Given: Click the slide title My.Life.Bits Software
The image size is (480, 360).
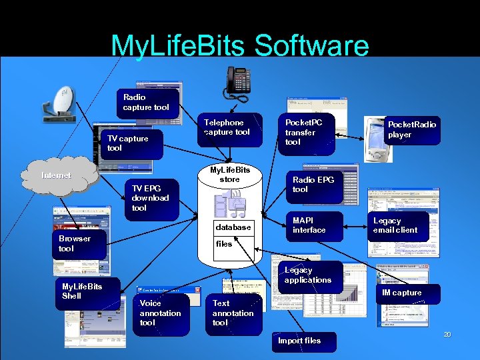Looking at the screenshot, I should coord(240,45).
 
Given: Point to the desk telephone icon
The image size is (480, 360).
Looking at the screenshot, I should coord(238,81).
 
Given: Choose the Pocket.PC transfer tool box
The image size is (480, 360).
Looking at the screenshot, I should coord(306,133).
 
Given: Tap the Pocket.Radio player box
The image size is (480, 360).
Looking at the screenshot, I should coord(412,129).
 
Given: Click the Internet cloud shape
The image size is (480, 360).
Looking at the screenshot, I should coord(59,175).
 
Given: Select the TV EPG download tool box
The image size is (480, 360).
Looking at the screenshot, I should coord(153,198).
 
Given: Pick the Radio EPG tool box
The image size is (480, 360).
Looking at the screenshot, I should coord(315,185).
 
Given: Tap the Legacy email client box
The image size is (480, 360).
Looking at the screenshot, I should coord(398,225).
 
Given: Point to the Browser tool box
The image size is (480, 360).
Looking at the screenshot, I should coord(79,244).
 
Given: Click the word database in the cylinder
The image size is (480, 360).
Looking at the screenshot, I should coord(233,227).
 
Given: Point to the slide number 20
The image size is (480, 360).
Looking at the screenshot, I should coord(448,334).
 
